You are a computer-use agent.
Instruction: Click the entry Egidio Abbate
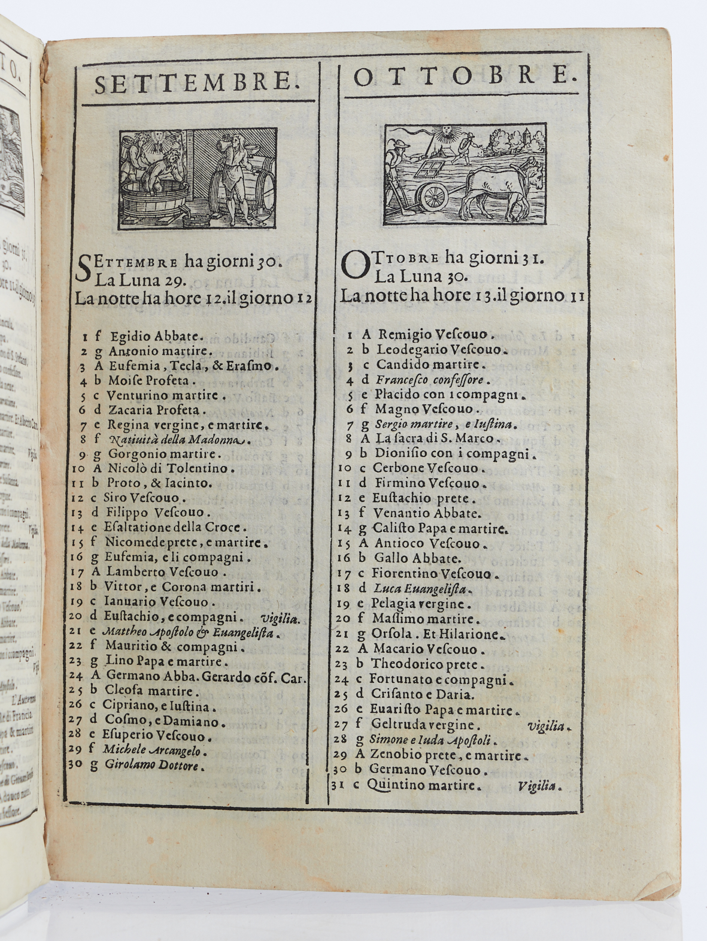(157, 337)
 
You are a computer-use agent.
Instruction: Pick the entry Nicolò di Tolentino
(167, 469)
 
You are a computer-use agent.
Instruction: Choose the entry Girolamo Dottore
(155, 765)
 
